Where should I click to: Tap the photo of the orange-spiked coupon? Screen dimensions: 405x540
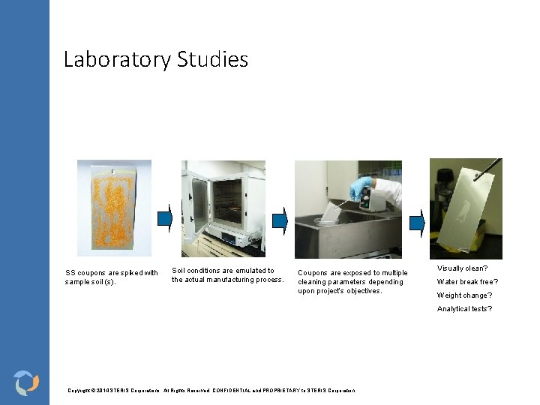click(x=114, y=208)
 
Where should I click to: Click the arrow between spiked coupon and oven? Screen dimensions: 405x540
click(x=166, y=218)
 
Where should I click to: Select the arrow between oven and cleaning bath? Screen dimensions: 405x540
click(x=279, y=220)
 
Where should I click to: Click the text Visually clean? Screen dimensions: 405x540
click(x=462, y=268)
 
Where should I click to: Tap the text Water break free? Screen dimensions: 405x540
click(x=467, y=282)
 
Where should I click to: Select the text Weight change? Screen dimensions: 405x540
click(x=464, y=295)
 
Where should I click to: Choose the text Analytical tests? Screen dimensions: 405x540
click(x=464, y=309)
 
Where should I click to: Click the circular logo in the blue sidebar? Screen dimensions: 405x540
click(x=26, y=382)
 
